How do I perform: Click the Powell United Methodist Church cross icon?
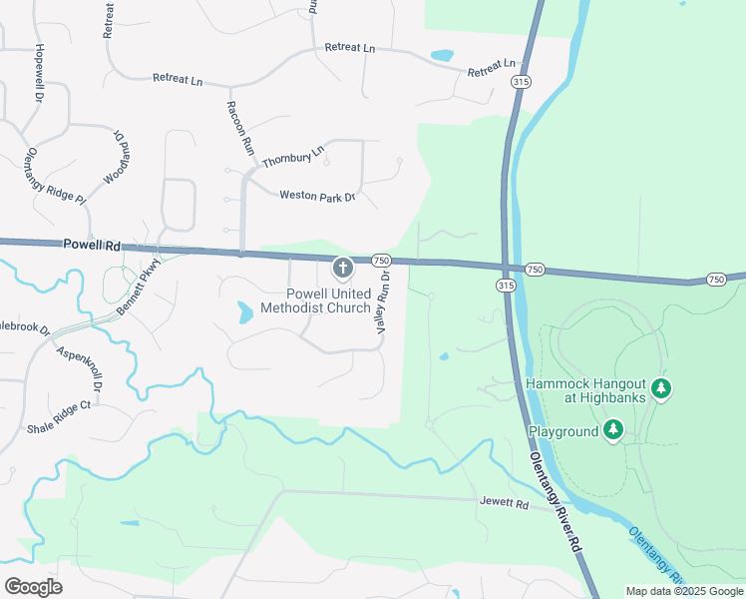tap(342, 268)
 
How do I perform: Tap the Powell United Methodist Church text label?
tap(314, 300)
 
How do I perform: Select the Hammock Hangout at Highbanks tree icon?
tap(660, 387)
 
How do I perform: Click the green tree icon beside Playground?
tap(614, 430)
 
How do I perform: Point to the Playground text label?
tap(563, 431)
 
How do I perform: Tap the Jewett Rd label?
tap(503, 503)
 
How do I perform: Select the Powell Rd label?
tap(91, 244)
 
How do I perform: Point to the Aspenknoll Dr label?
tap(79, 367)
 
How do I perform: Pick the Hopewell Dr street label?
tap(40, 73)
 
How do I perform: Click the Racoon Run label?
tap(239, 127)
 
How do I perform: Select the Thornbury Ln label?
tap(293, 156)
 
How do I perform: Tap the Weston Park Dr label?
tap(317, 197)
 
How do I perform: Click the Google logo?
tap(33, 587)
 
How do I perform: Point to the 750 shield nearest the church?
tap(380, 260)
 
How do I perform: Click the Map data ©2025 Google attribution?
tap(684, 591)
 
